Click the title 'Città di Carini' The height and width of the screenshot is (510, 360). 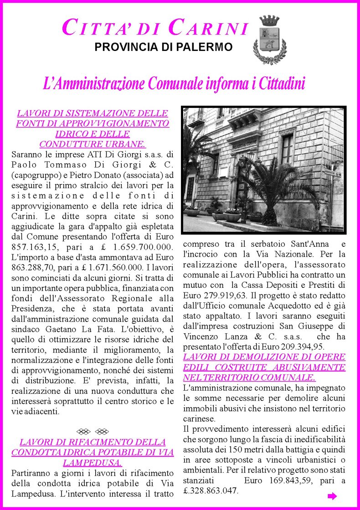coord(154,28)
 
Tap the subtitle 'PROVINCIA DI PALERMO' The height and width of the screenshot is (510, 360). coord(163,47)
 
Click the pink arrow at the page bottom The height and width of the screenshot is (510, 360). coord(332,496)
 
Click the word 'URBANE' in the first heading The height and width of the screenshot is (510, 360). coord(122,144)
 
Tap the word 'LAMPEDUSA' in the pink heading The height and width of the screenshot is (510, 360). coord(92,463)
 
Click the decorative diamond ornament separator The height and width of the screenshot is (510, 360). coord(93,431)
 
